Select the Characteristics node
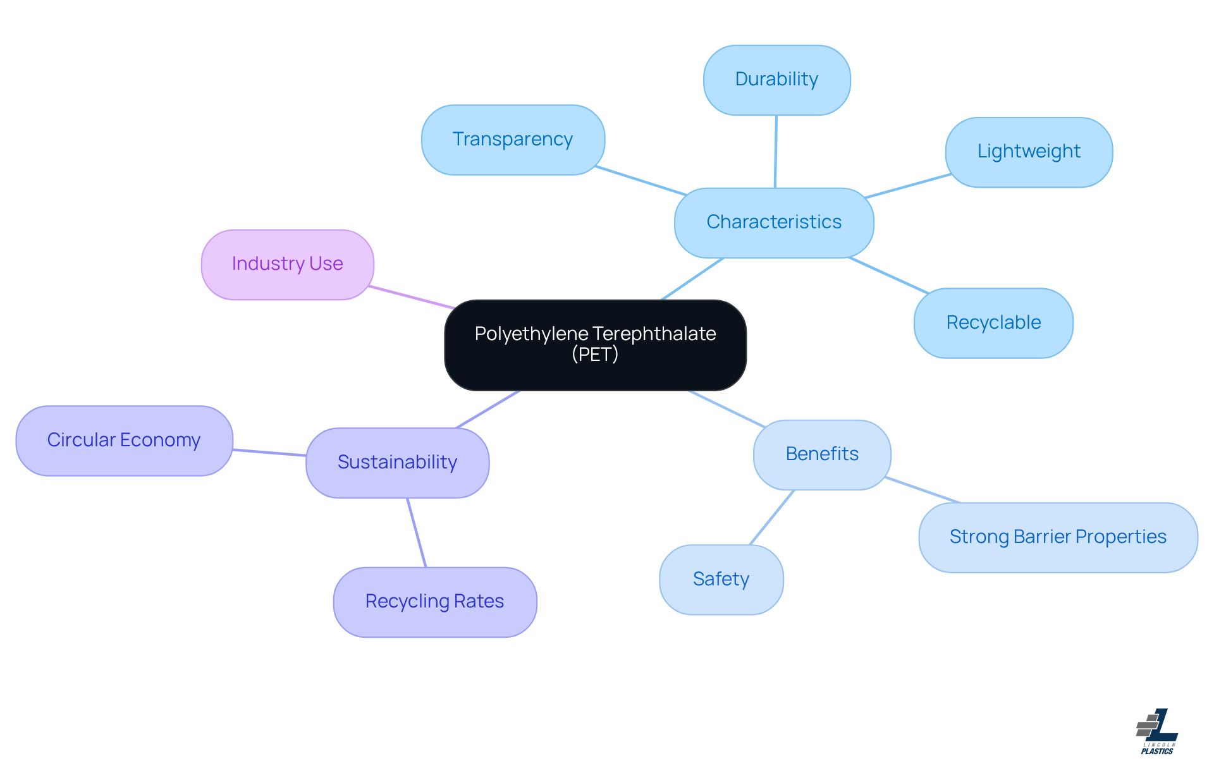(x=774, y=222)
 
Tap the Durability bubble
(x=776, y=80)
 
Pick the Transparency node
(x=513, y=140)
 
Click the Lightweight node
(x=1029, y=152)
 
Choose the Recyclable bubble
(x=993, y=323)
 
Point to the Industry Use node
(x=287, y=264)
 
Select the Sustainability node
(x=397, y=463)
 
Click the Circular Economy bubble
(x=124, y=441)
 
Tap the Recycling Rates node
(x=434, y=602)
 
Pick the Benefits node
(x=822, y=454)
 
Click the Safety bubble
(x=721, y=580)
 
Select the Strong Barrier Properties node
(x=1058, y=537)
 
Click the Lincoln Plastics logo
(x=1157, y=732)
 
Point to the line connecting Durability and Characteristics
(x=776, y=152)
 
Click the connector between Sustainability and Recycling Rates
(x=417, y=533)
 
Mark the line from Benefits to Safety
(x=771, y=517)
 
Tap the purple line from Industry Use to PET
(x=411, y=297)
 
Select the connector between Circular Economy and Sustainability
(x=269, y=453)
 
